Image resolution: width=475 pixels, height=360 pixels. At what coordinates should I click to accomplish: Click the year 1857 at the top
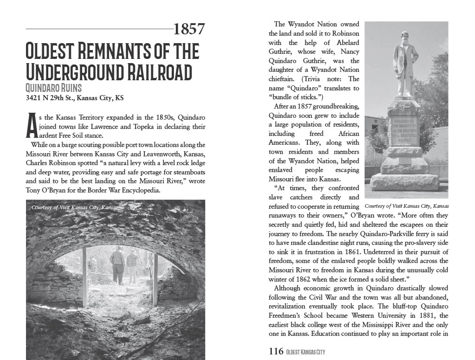click(x=189, y=29)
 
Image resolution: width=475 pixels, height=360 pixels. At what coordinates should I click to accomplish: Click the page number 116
click(x=276, y=351)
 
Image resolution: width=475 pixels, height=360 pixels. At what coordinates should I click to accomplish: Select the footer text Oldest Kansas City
click(x=306, y=352)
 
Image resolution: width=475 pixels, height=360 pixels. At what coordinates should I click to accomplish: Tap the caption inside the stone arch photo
click(x=75, y=207)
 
